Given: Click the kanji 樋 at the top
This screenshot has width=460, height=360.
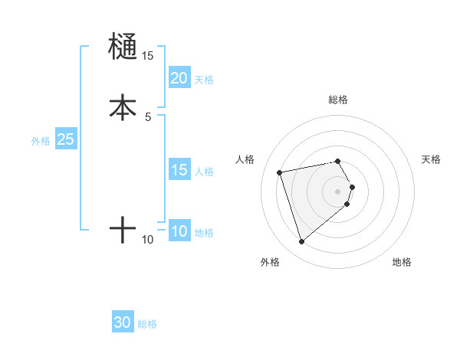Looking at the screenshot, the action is tap(123, 47).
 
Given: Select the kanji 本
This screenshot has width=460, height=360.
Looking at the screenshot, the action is tap(123, 107).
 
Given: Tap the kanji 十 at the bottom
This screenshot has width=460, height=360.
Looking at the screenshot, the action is tap(123, 230).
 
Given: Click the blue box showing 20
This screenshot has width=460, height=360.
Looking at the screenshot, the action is tap(179, 78).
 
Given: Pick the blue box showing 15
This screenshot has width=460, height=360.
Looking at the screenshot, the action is tap(179, 170).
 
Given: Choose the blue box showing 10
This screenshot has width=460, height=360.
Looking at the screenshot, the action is tap(179, 231).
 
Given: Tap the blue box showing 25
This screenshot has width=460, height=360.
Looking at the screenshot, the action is tap(66, 139).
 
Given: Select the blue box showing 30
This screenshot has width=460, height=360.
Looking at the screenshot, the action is tap(123, 322).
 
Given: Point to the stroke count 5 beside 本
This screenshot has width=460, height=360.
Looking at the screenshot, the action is tap(148, 116).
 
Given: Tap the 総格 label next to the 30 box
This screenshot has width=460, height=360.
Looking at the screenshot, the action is tap(147, 324).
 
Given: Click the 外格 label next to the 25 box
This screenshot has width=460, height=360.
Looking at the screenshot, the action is tap(41, 141).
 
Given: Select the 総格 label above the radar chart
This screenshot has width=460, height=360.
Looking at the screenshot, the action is tap(338, 100).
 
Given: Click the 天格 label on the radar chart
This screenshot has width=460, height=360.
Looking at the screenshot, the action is tap(431, 159).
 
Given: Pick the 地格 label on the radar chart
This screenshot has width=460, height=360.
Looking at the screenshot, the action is tap(402, 263).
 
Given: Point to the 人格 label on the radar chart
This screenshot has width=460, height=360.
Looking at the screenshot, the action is tap(245, 159).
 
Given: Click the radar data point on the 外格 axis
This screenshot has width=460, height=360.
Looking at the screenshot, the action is tap(301, 242).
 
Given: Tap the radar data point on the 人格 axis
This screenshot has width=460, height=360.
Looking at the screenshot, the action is tap(280, 172).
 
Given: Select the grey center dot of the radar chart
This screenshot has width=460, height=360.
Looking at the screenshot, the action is tap(338, 191).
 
